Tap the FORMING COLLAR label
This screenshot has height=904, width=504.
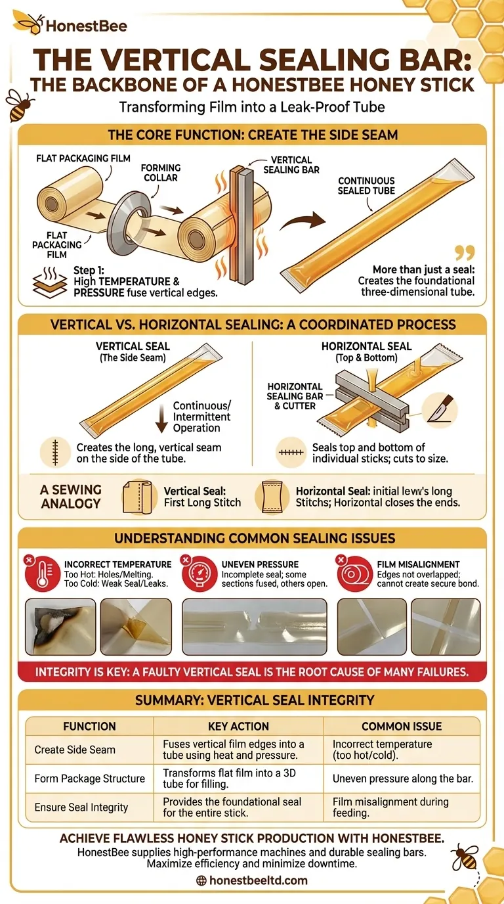tap(161, 173)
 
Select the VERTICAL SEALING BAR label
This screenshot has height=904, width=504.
tap(291, 165)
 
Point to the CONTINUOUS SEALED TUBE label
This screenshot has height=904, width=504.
tap(366, 186)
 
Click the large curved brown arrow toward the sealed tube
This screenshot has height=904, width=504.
tap(303, 221)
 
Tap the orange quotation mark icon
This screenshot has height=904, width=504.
tap(465, 253)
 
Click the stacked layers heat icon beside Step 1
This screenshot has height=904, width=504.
tap(49, 282)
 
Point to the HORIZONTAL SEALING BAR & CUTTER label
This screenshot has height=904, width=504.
tap(295, 396)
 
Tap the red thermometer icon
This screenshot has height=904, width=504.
tap(42, 574)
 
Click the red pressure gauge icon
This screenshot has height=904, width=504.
tap(199, 574)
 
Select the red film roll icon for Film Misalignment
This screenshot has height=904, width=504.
tap(354, 574)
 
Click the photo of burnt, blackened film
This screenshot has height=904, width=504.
tap(60, 627)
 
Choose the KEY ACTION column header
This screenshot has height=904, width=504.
tap(238, 727)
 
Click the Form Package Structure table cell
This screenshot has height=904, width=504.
tap(89, 779)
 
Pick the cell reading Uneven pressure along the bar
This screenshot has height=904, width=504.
tap(402, 779)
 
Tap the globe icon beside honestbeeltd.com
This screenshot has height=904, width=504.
tap(201, 880)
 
